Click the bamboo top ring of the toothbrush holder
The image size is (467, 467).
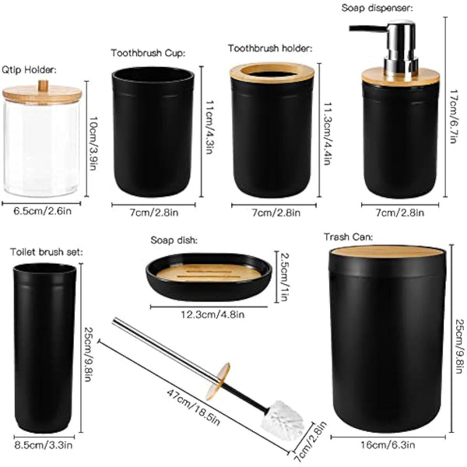click(272, 72)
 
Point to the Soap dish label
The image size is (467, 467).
click(173, 241)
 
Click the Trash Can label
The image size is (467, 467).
click(349, 236)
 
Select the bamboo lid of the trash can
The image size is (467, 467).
click(387, 254)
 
